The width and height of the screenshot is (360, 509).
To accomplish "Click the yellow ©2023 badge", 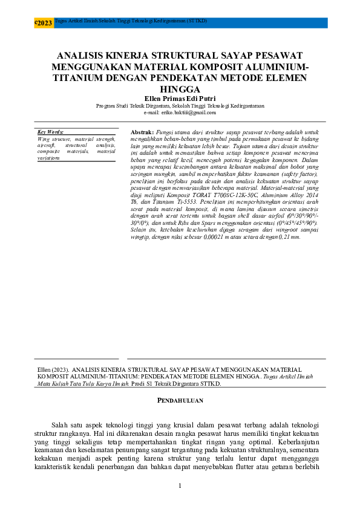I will click(44, 23).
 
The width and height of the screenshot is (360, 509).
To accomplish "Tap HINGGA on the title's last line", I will click(180, 89).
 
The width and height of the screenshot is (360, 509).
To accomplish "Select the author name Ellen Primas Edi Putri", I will click(180, 99).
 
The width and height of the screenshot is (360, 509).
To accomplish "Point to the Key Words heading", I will click(50, 132).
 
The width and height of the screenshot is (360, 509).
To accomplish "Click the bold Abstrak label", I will click(142, 131).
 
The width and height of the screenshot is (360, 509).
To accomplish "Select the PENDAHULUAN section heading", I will click(180, 400).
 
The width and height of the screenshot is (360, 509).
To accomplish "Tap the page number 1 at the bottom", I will click(180, 487).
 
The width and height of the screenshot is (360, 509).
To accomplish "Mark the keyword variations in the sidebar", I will click(48, 157).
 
